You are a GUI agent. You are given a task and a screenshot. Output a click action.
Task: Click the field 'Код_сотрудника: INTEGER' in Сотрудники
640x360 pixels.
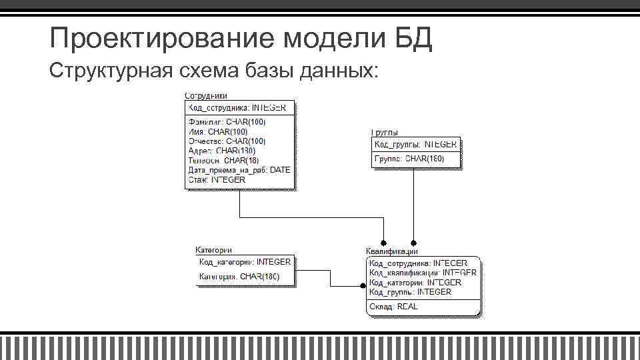click(x=237, y=107)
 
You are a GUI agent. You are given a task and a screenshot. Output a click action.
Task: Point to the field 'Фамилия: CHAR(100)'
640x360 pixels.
click(x=227, y=122)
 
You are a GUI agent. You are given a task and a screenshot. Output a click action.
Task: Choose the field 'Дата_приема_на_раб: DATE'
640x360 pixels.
click(x=239, y=170)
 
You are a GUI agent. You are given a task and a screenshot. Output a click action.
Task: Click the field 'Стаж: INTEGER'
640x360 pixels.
click(x=217, y=179)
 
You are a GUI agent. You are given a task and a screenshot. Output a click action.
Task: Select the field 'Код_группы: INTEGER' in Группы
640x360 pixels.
click(x=415, y=144)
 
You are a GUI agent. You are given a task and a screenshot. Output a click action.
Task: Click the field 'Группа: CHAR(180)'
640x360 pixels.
click(x=409, y=159)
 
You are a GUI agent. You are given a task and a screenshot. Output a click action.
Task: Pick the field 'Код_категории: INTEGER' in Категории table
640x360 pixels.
click(x=245, y=262)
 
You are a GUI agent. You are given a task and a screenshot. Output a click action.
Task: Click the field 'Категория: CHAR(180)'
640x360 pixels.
click(x=239, y=276)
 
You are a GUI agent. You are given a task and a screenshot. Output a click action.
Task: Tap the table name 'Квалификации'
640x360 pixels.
click(x=392, y=251)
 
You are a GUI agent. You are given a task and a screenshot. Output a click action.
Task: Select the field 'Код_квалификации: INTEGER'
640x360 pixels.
click(x=423, y=273)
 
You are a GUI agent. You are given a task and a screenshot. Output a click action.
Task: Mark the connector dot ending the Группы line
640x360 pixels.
click(x=413, y=243)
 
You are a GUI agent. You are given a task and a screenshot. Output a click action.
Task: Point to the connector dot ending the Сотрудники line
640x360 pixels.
click(x=383, y=243)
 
